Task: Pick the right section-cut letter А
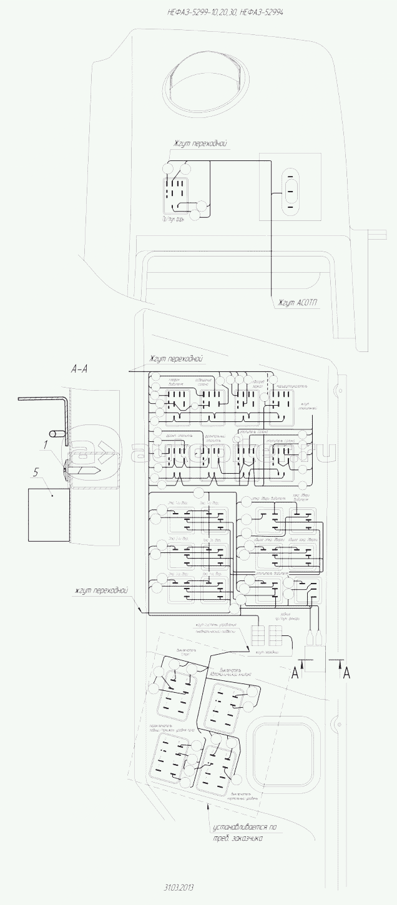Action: pos(347,672)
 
